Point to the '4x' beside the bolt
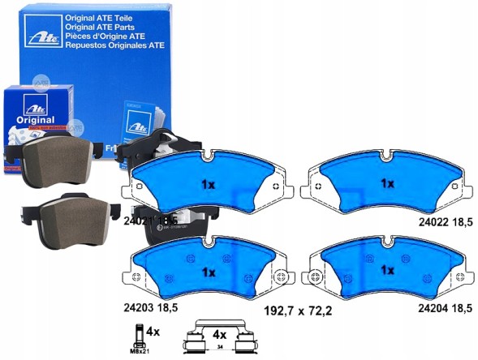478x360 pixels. click(x=153, y=330)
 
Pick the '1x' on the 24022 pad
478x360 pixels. click(x=387, y=183)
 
